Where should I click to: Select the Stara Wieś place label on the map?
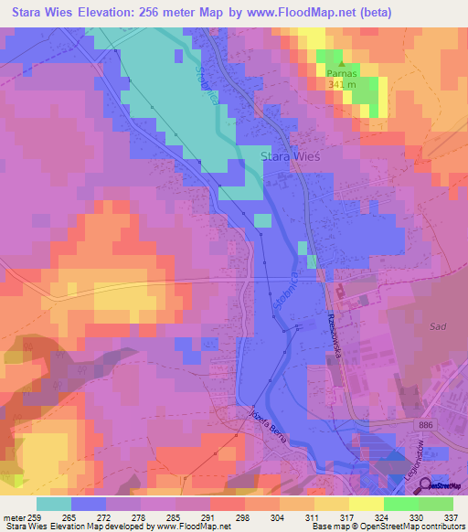(290, 156)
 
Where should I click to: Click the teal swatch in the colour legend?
(53, 504)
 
